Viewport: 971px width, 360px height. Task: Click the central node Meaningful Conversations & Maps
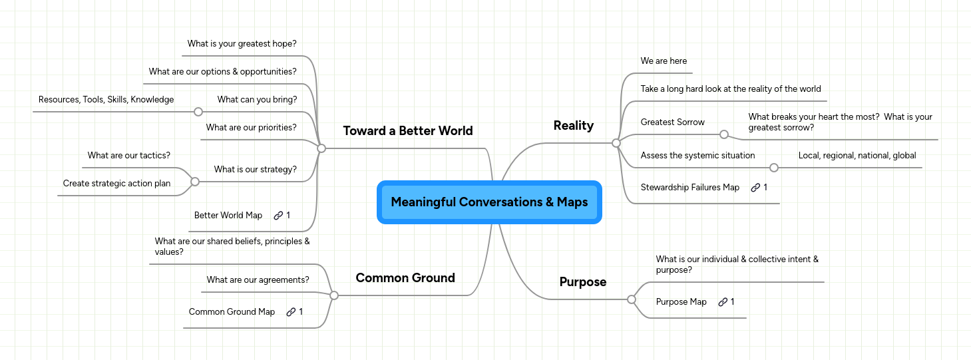tap(489, 202)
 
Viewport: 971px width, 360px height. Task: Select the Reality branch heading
tap(573, 126)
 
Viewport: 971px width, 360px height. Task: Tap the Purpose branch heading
tap(582, 282)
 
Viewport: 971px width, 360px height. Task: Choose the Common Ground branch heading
tap(405, 278)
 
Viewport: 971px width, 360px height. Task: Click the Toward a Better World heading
tap(407, 131)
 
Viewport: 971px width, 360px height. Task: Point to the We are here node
tap(664, 61)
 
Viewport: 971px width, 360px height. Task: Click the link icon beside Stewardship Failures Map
tap(755, 188)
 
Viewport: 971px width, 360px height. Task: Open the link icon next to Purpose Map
tap(723, 302)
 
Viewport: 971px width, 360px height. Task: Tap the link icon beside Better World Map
tap(278, 216)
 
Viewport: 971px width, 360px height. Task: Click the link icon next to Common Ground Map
tap(291, 312)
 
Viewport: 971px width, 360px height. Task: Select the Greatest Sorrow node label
tap(672, 122)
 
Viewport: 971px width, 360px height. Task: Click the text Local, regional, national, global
tap(857, 156)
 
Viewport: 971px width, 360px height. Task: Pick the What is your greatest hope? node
tap(242, 44)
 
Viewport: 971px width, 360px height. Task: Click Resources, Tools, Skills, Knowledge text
tap(106, 100)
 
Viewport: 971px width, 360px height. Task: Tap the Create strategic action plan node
tap(116, 184)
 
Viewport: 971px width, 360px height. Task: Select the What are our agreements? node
tap(258, 280)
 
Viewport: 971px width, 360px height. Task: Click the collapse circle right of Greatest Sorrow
tap(724, 134)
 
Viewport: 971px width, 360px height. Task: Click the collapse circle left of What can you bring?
tap(198, 112)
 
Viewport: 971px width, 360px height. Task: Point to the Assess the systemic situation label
tap(697, 156)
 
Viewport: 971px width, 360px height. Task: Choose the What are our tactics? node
tap(128, 156)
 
